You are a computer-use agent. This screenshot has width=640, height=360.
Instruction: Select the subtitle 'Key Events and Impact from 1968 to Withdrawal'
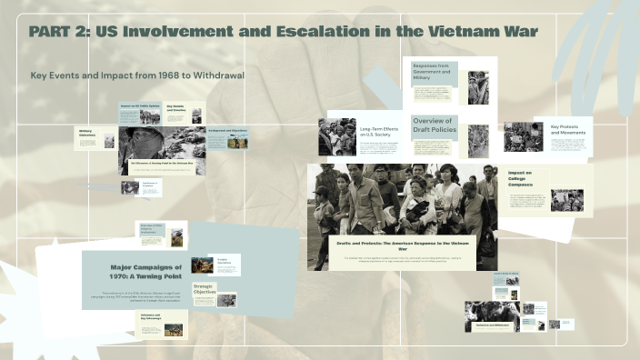137,75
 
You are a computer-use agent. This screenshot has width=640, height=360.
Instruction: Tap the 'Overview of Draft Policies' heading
435,125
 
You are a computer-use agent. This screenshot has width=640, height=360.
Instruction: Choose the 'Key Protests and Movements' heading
568,129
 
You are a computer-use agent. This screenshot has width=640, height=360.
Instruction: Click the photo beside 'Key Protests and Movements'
523,136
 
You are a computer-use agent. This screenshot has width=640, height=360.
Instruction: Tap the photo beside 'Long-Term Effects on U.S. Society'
337,136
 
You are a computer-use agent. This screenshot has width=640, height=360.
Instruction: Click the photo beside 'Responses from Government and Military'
478,87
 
